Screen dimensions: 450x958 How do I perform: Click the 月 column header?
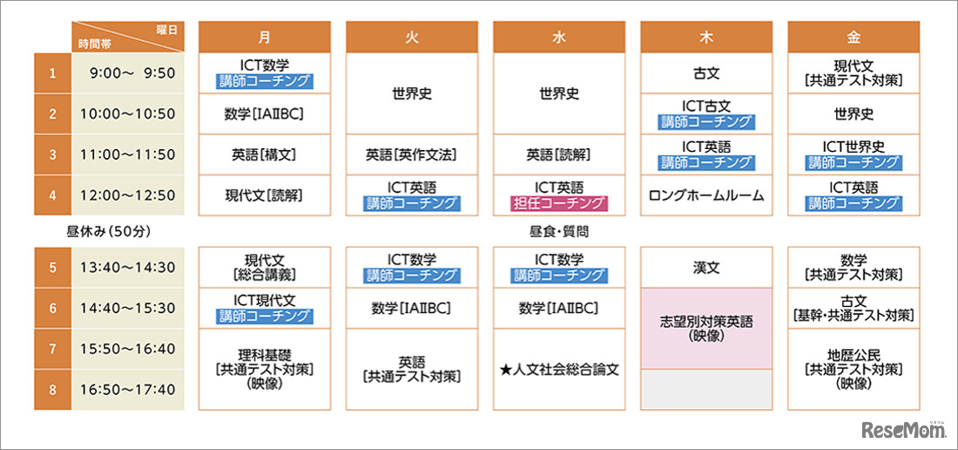point(264,37)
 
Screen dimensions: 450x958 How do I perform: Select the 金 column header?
point(853,37)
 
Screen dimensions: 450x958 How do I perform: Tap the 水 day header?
point(558,37)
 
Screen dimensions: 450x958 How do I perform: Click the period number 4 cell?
point(52,195)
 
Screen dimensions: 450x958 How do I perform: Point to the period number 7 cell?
point(52,349)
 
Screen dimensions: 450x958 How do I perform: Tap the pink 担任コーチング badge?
point(558,203)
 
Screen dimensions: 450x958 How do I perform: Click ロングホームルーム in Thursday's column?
point(706,195)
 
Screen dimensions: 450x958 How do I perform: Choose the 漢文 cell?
point(706,268)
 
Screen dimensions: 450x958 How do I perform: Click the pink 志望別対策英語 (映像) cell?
point(706,328)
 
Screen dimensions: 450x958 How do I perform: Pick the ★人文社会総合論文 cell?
point(558,369)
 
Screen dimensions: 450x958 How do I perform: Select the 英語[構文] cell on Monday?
point(264,154)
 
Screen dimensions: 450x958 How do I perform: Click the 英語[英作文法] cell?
point(411,154)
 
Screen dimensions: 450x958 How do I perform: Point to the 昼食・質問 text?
point(558,232)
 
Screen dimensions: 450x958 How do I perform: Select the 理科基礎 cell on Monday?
point(264,369)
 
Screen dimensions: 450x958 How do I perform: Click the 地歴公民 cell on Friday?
point(853,369)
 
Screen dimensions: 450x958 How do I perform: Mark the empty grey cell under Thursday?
point(706,389)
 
